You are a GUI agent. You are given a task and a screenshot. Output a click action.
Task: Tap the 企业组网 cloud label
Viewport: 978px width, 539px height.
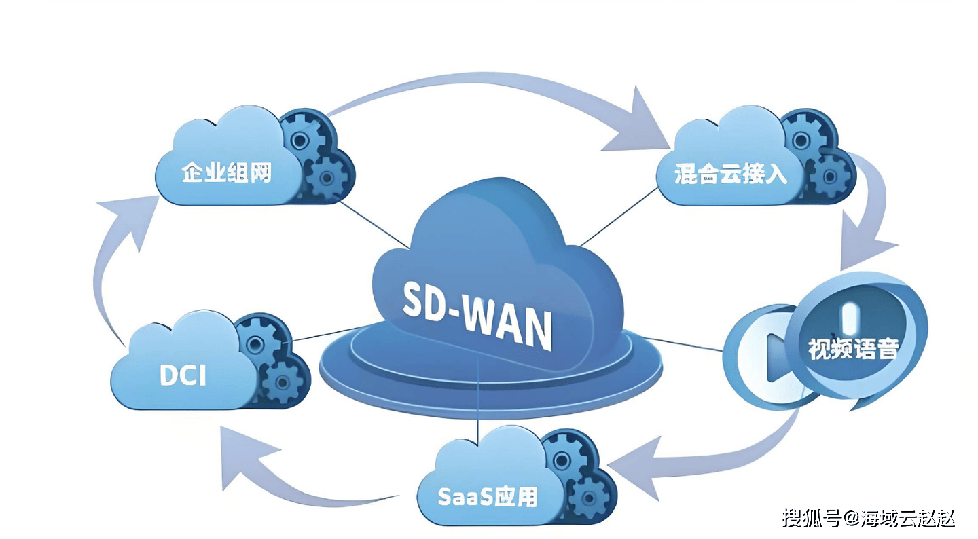tap(226, 172)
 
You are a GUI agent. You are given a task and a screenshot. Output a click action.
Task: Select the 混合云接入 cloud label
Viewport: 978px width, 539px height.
tap(731, 174)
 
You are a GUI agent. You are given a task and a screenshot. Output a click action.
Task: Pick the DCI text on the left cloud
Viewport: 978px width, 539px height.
tap(183, 375)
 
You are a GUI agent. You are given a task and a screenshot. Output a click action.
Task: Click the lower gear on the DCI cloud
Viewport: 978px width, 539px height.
tap(280, 382)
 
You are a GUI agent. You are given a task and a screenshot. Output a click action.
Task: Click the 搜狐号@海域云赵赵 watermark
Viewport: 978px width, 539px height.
tap(869, 519)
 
